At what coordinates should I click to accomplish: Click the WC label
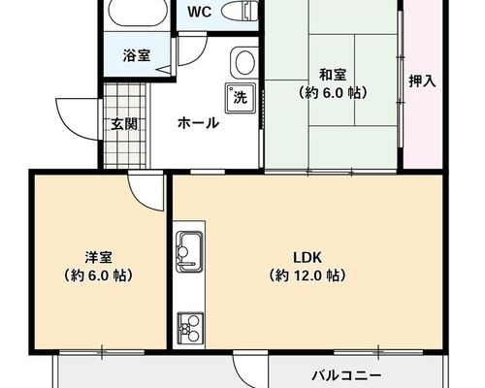[200, 12]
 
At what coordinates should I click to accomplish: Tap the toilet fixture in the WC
[240, 12]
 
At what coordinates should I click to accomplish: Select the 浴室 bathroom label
[137, 55]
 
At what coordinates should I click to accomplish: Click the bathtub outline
[137, 13]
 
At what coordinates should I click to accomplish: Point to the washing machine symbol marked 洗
[241, 98]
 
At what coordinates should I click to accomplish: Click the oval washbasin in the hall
[244, 63]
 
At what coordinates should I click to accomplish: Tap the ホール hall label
[199, 123]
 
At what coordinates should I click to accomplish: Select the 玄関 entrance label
[124, 124]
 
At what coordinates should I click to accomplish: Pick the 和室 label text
[333, 76]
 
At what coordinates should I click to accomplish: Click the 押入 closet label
[422, 81]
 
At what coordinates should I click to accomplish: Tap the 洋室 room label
[99, 257]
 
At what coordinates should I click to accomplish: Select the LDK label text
[307, 258]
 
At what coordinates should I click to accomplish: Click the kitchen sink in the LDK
[189, 252]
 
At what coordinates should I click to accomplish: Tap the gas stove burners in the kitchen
[190, 328]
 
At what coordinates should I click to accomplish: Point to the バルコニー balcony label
[346, 376]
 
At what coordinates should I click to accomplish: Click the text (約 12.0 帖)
[307, 275]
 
